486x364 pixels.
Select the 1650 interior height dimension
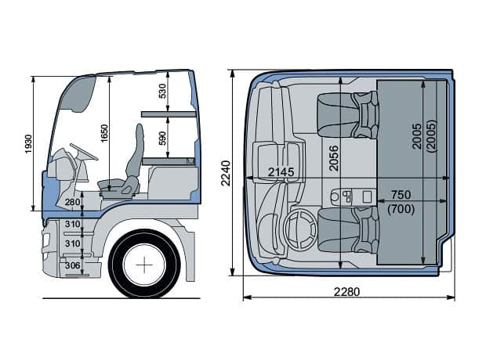(x=104, y=133)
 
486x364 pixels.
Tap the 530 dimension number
(x=162, y=91)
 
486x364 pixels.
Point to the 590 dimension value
(x=162, y=138)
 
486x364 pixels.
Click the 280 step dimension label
(x=73, y=204)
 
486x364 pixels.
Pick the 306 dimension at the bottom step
(x=72, y=265)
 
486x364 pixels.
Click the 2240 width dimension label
(x=226, y=173)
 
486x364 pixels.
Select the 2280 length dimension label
(x=346, y=292)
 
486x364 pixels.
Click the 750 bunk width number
(x=400, y=194)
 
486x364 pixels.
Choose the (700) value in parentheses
(x=400, y=208)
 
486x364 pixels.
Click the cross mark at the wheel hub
(x=145, y=265)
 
